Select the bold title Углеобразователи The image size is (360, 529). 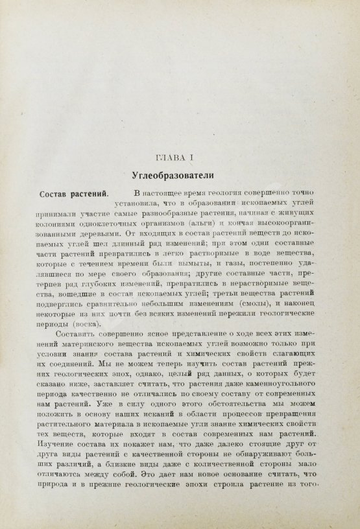click(x=171, y=175)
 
